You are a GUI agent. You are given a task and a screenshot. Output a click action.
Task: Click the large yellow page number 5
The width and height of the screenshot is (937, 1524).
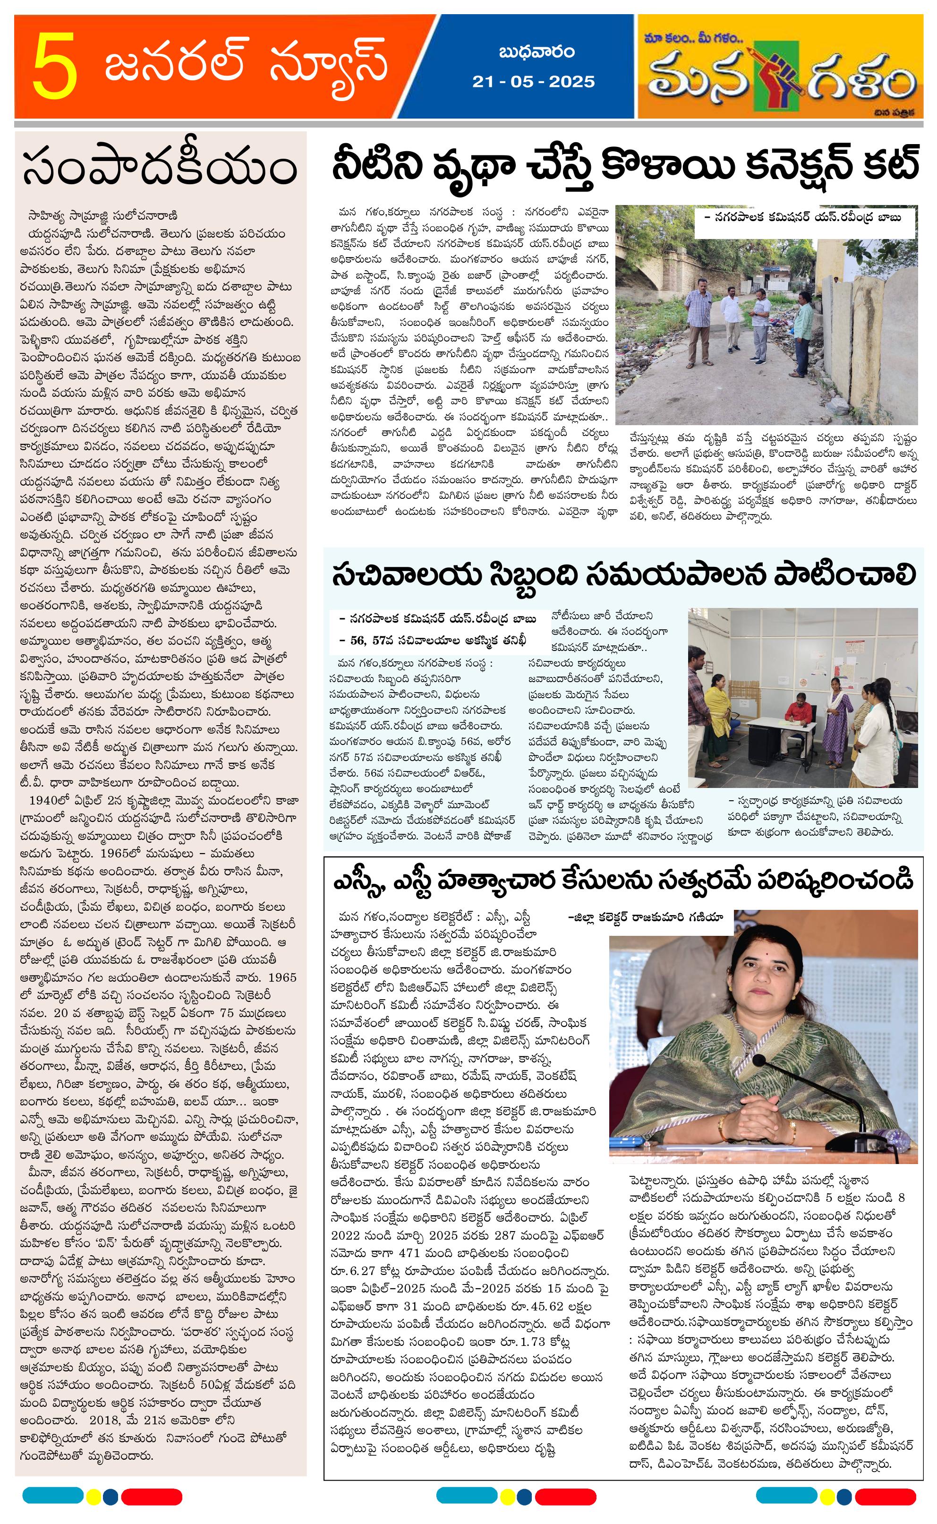tap(54, 66)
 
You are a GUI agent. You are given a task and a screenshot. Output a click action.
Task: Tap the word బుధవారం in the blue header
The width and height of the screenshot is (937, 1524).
tap(536, 52)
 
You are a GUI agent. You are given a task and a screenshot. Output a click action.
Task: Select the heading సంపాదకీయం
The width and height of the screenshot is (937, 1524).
tap(160, 167)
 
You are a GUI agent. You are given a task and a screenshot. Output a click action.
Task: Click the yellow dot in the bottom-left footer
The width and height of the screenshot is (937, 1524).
tap(94, 1496)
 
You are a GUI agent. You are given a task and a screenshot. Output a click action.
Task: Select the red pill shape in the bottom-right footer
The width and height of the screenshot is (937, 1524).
tap(885, 1496)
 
